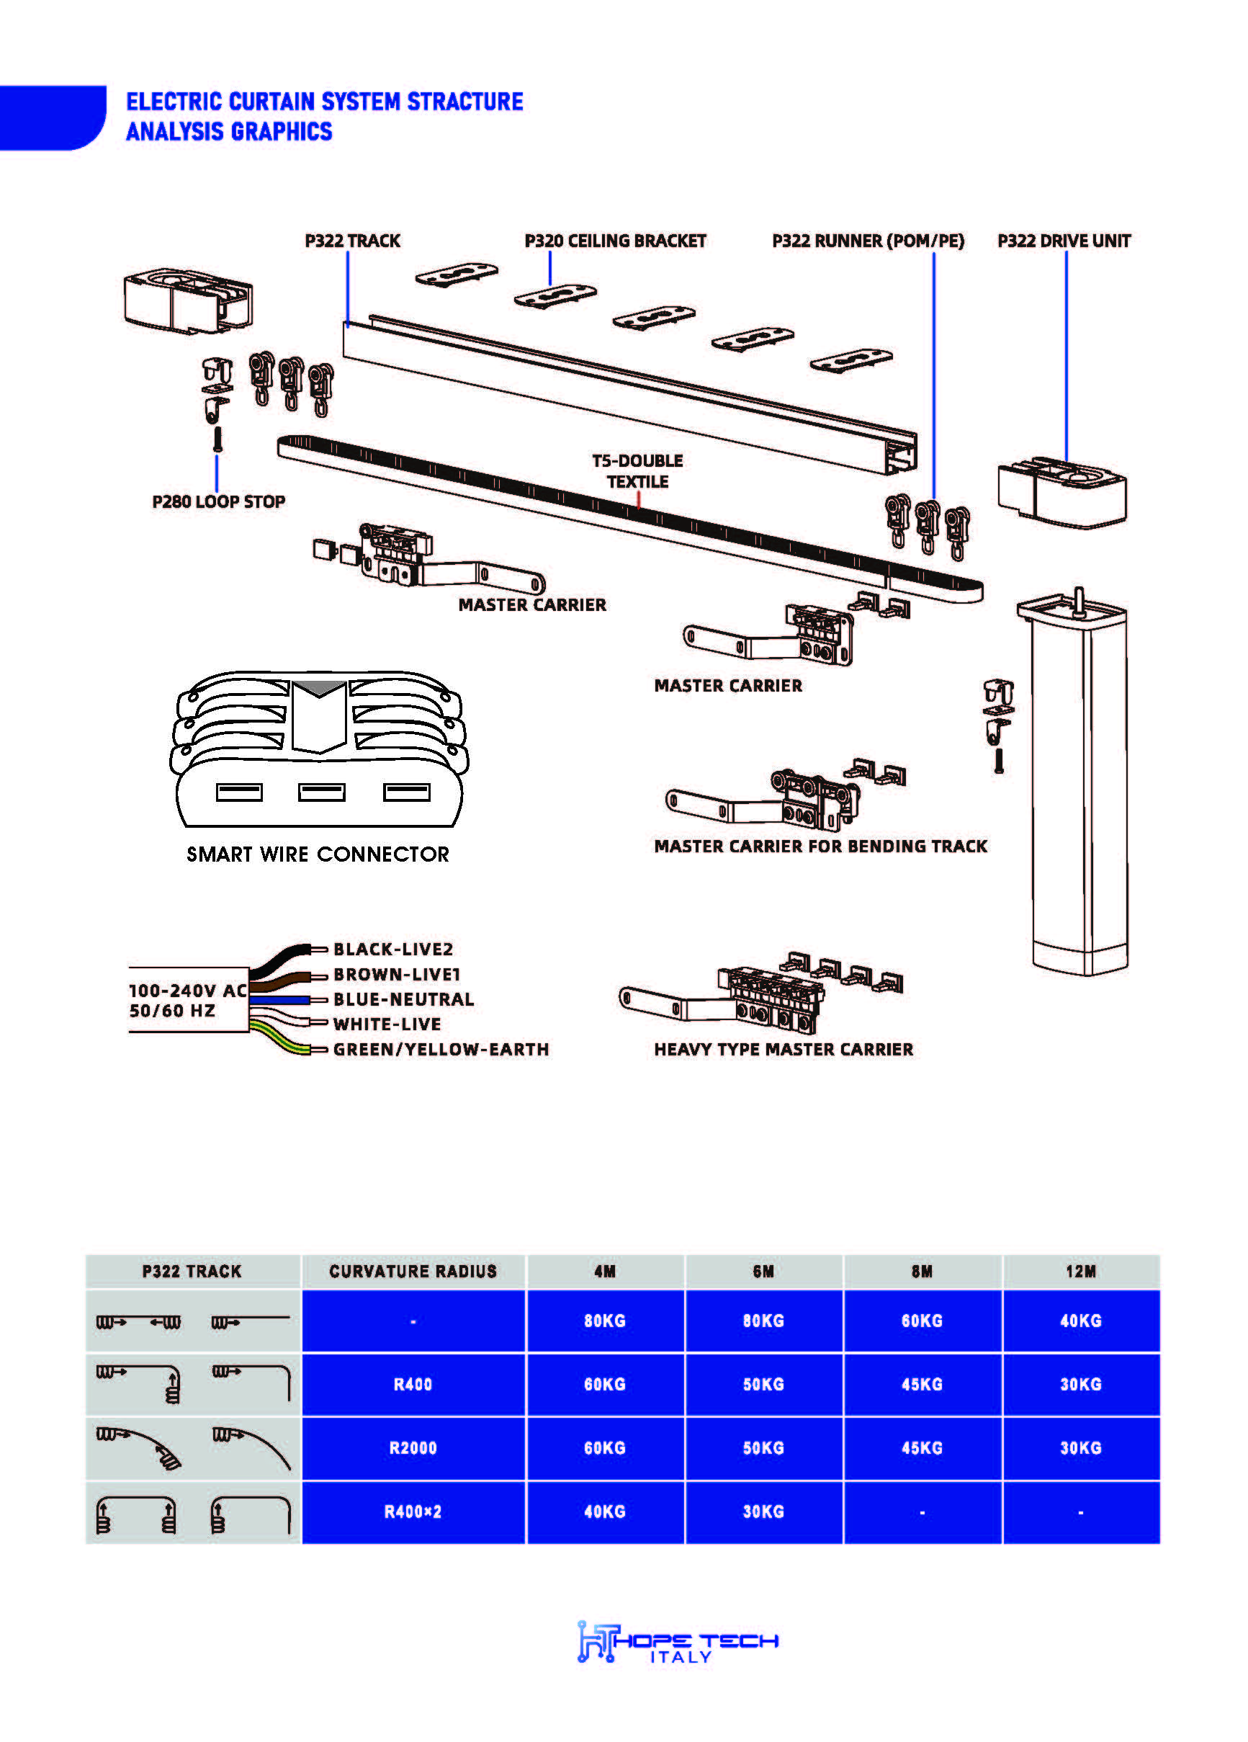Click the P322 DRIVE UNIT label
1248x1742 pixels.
click(1064, 241)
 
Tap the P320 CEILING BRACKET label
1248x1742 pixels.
click(614, 241)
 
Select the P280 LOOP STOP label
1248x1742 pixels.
click(218, 501)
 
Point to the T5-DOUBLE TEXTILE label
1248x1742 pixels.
click(637, 471)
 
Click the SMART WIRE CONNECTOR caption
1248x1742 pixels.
click(317, 854)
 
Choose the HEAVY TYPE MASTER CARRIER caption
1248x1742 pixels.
click(784, 1049)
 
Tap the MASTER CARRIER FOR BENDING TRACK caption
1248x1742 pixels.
click(820, 847)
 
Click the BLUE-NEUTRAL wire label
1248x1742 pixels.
click(403, 999)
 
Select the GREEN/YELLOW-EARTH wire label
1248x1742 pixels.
click(441, 1049)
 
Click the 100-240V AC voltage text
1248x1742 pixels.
click(187, 991)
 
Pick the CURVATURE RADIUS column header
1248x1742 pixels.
click(413, 1271)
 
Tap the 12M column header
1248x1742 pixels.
click(1079, 1271)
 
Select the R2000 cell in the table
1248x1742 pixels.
click(413, 1448)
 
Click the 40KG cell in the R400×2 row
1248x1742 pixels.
click(604, 1511)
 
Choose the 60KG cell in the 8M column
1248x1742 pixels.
click(922, 1321)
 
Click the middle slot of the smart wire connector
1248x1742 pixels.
click(321, 792)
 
